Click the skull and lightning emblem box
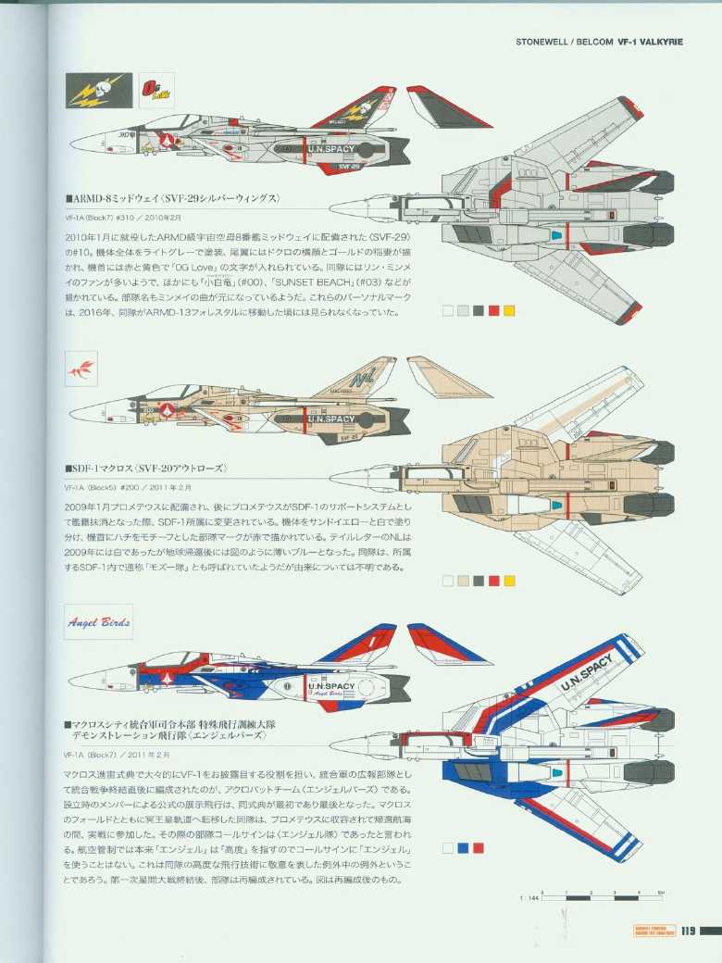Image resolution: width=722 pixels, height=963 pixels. point(98,91)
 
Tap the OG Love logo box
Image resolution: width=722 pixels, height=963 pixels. point(154,91)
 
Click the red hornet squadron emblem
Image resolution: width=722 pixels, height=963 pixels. point(81,370)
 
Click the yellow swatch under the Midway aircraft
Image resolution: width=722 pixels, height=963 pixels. point(508,311)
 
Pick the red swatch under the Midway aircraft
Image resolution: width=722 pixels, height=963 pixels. point(493,311)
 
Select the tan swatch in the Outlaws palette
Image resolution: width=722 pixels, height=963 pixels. point(463,581)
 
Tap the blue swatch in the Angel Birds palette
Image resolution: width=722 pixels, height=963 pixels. point(463,847)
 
